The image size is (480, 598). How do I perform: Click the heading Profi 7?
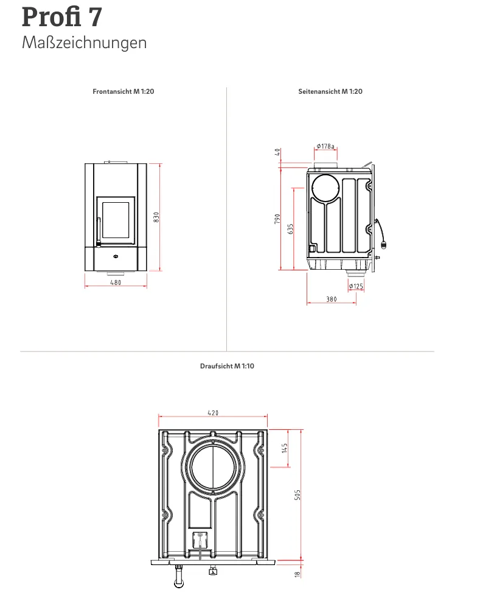[61, 17]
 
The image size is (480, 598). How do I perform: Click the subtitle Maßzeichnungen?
[84, 43]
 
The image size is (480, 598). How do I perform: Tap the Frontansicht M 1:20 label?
[123, 91]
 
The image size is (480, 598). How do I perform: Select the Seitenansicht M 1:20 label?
[330, 91]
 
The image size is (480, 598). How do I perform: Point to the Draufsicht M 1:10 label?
[227, 366]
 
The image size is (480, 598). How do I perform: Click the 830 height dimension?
[156, 217]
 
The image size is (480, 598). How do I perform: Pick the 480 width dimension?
[116, 283]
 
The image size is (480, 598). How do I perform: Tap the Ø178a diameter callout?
[325, 146]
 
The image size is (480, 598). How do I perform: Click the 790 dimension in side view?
[277, 219]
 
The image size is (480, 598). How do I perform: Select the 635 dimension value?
[291, 229]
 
